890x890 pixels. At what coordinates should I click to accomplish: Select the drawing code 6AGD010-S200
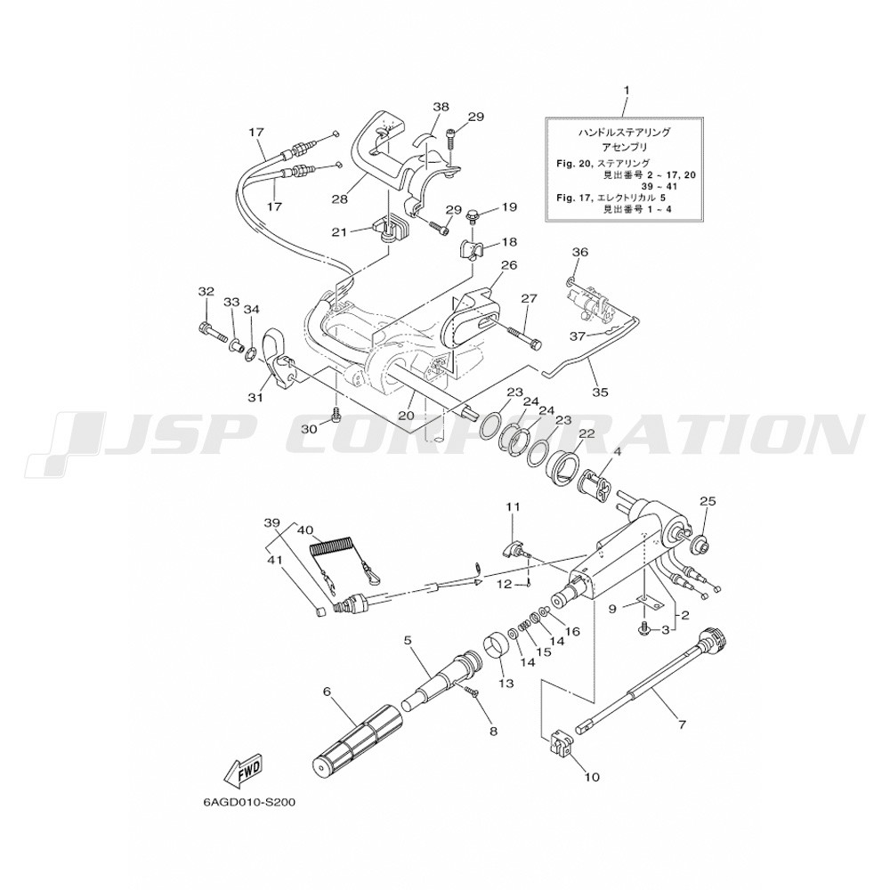coord(248,801)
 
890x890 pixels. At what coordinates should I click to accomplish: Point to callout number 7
coord(682,724)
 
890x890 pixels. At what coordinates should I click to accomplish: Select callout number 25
coord(708,502)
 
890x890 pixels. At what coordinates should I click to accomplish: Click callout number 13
coord(506,684)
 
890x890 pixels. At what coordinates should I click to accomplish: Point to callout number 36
coord(579,252)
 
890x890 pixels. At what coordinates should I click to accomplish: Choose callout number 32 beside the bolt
coord(206,291)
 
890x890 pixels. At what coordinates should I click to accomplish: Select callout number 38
coord(441,106)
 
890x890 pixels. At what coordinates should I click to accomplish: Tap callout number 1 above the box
coord(627,90)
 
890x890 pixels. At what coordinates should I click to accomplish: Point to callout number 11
coord(513,506)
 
